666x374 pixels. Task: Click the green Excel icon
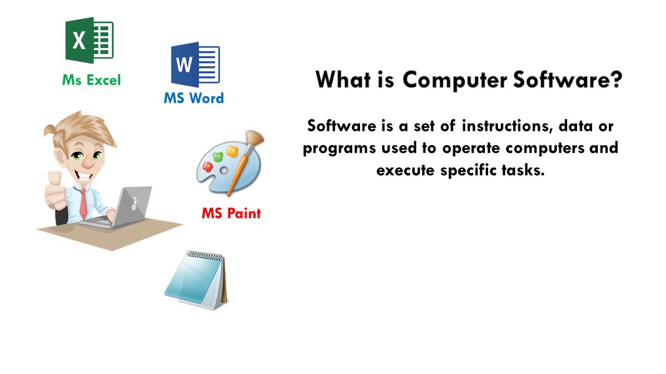89,40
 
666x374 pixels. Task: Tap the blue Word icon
195,64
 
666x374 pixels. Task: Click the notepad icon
196,280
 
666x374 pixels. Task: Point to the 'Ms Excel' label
91,80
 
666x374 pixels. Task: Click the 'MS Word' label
194,98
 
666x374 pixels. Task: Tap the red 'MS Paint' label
231,213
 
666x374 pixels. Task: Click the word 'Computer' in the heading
454,79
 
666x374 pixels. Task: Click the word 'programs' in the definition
339,148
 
